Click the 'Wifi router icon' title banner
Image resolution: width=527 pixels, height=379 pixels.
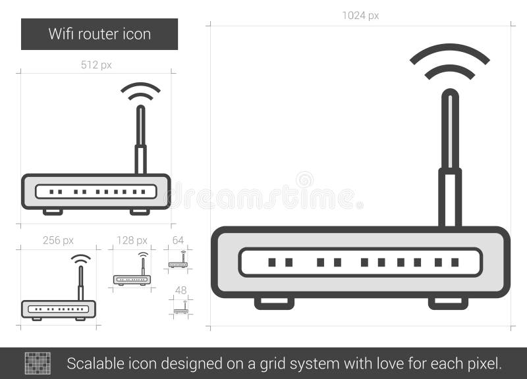coord(99,34)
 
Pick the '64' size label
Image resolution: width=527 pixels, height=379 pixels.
coord(178,240)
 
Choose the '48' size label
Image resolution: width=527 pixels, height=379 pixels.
coord(180,290)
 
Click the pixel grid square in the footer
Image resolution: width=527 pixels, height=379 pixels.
coord(38,363)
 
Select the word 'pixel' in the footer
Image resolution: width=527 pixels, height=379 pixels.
coord(485,363)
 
